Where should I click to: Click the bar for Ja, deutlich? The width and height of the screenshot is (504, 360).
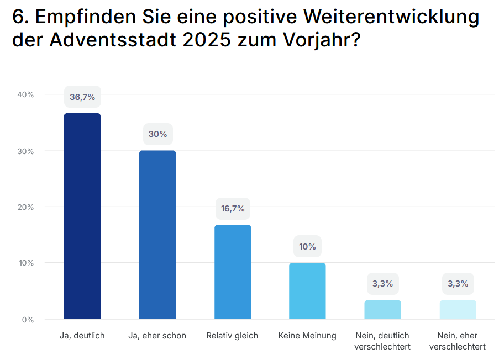coord(82,216)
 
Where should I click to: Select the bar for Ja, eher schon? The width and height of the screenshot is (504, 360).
coord(158,235)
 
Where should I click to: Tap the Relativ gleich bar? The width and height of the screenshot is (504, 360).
coord(233,272)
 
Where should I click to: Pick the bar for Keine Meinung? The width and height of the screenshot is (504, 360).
coord(307,291)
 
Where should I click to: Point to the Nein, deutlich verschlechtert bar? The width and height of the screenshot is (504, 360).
coord(382,310)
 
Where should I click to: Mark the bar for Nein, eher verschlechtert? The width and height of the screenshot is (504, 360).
coord(458,310)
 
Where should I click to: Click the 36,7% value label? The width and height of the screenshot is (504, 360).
coord(82,97)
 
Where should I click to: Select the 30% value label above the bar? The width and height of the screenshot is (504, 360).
coord(158,134)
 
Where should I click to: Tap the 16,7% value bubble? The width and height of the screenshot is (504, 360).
coord(233,209)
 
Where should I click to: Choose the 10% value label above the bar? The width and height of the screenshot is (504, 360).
coord(307,246)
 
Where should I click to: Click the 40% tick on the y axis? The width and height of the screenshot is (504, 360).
coord(25,94)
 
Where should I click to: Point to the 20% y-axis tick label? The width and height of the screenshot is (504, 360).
coord(25,207)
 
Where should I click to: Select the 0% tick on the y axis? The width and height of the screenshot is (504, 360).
coord(28,319)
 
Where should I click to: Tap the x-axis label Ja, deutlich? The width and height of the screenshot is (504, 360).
coord(82,336)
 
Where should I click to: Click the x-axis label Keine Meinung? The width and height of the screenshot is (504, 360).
coord(307,336)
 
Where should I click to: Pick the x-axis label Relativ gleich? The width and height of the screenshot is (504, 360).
coord(232,336)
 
